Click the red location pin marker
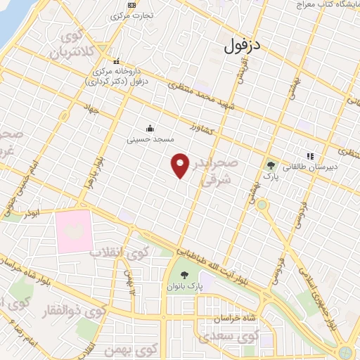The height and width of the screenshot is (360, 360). point(181,166)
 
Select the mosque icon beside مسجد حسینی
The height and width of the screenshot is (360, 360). point(150,128)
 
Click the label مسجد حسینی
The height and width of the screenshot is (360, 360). point(150,139)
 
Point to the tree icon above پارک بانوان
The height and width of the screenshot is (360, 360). point(184,275)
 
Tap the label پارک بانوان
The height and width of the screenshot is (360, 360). point(184,287)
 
